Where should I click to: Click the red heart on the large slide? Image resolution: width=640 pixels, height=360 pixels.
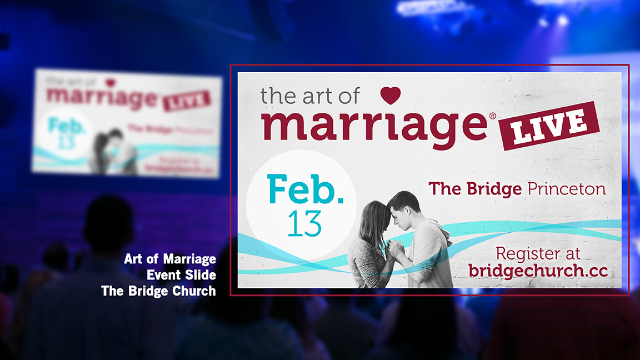pyautogui.click(x=390, y=96)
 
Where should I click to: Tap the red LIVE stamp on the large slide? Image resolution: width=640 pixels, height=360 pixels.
pyautogui.click(x=549, y=126)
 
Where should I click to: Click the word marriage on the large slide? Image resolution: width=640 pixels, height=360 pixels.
pyautogui.click(x=374, y=127)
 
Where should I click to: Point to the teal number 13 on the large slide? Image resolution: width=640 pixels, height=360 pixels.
pyautogui.click(x=304, y=224)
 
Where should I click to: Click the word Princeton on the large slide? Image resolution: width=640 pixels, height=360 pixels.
pyautogui.click(x=567, y=189)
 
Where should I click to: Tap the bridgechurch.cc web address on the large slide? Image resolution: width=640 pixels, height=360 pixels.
pyautogui.click(x=538, y=271)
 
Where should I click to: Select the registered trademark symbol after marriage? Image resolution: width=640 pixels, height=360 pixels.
pyautogui.click(x=493, y=116)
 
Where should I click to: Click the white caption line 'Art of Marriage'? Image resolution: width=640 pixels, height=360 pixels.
pyautogui.click(x=170, y=259)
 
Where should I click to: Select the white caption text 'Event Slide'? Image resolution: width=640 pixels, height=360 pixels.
pyautogui.click(x=182, y=275)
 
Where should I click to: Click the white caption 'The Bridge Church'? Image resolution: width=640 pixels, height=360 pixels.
pyautogui.click(x=158, y=291)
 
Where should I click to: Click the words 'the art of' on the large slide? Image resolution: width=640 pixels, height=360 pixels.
pyautogui.click(x=310, y=96)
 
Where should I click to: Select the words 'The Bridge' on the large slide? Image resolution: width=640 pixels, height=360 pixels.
pyautogui.click(x=475, y=189)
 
